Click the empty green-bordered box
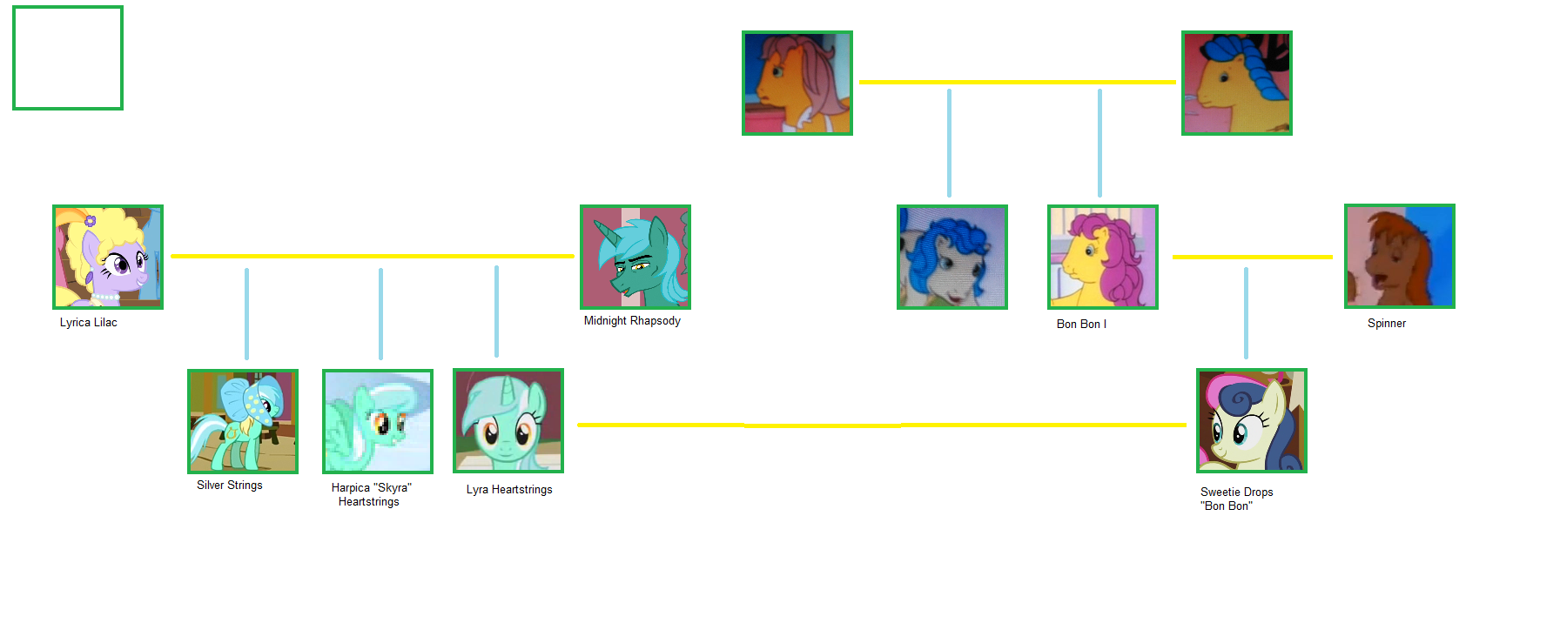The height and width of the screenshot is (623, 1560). tap(68, 58)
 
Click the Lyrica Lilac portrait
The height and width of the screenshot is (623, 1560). tap(108, 257)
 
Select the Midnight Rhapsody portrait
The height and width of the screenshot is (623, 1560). tap(635, 257)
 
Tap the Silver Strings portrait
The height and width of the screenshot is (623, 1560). tap(243, 421)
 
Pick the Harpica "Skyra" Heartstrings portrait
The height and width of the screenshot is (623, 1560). tap(378, 421)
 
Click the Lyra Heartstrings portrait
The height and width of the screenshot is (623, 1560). tap(508, 421)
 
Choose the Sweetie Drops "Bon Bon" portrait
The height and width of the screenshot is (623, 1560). tap(1252, 421)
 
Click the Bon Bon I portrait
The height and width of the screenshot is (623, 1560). tap(1103, 257)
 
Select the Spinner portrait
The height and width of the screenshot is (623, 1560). tap(1400, 257)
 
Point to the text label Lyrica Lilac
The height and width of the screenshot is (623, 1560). tap(89, 323)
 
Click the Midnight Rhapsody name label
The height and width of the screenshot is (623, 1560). tap(632, 321)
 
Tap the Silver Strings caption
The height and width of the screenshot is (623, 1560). tap(230, 486)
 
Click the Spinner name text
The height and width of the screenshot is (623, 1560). tap(1387, 324)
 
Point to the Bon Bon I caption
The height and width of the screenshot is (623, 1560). tap(1081, 325)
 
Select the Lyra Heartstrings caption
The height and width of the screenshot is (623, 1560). tap(509, 490)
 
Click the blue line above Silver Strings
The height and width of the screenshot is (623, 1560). tap(247, 313)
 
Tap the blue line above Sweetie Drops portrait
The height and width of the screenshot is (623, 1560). tap(1246, 313)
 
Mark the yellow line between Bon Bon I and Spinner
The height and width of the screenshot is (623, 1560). tap(1252, 258)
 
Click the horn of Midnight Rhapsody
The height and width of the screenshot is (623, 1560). tap(602, 231)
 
